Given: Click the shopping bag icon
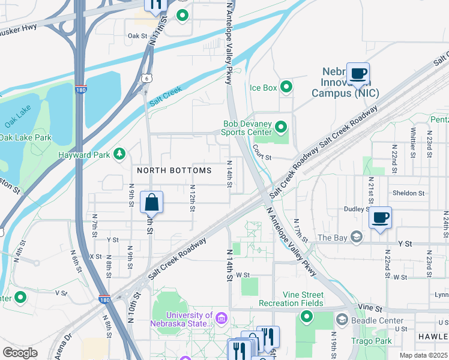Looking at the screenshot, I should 152,202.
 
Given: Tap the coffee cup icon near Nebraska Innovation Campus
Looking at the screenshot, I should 358,74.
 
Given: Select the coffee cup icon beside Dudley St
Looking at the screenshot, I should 380,218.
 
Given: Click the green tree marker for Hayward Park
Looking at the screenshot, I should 119,155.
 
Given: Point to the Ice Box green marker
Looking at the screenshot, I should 286,88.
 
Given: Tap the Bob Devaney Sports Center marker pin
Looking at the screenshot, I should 280,127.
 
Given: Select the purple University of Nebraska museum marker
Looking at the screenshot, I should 221,316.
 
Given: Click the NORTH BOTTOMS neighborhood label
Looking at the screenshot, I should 174,170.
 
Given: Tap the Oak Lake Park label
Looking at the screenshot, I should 25,137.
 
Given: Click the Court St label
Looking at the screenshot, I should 262,158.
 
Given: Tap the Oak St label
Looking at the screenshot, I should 137,36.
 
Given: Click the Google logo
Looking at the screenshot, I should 20,352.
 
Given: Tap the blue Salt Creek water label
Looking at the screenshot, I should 165,96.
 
